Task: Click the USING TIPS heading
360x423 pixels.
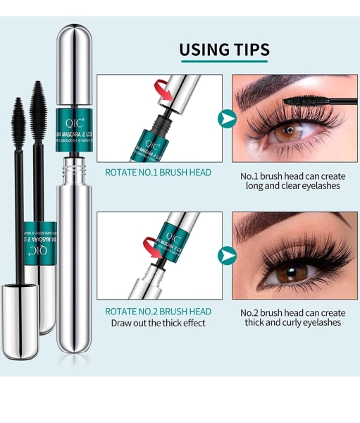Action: click(224, 49)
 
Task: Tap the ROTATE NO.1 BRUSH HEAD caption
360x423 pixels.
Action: click(158, 172)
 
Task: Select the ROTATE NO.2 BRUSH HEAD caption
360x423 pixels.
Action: click(158, 311)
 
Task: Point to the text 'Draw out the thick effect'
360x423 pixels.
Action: click(158, 323)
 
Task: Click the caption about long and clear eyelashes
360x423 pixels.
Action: click(290, 180)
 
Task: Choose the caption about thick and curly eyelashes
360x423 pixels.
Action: click(290, 317)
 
